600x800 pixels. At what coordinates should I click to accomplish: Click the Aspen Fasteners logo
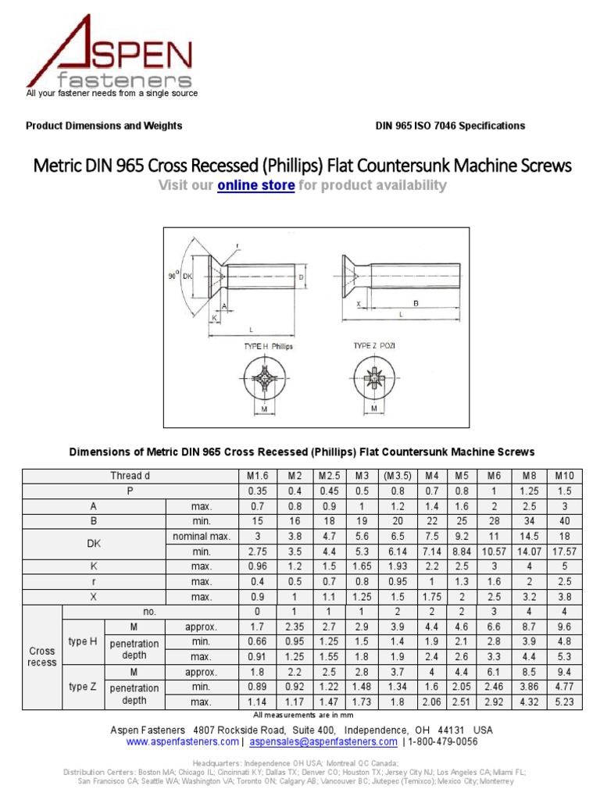(x=109, y=55)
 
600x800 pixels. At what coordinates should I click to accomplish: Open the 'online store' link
(x=255, y=185)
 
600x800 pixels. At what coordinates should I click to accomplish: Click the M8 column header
(x=528, y=476)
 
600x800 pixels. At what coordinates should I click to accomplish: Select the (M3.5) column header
(x=398, y=476)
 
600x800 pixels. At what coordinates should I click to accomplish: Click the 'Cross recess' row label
(x=42, y=656)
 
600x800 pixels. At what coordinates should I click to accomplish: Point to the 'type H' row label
(x=83, y=641)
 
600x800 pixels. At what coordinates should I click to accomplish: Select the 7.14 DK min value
(x=432, y=552)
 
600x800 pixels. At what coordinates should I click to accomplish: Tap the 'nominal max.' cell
(x=202, y=537)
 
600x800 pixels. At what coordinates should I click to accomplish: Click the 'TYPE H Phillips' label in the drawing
(x=268, y=345)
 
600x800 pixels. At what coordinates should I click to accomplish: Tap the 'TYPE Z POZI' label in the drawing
(x=375, y=345)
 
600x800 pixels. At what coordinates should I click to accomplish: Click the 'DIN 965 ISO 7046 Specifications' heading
(x=450, y=126)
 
